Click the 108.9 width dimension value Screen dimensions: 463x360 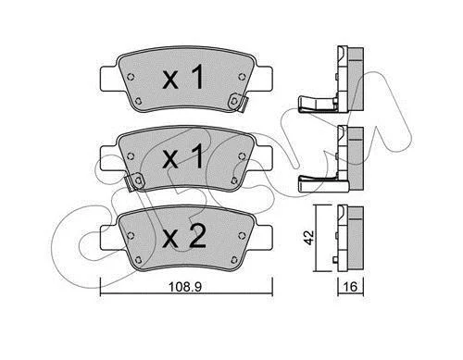click(x=185, y=287)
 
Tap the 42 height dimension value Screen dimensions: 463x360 click(x=309, y=237)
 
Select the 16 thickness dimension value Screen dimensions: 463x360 click(x=350, y=287)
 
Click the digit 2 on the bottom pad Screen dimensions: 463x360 click(x=198, y=236)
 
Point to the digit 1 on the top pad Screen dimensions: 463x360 click(x=195, y=77)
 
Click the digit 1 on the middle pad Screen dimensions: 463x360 click(x=195, y=156)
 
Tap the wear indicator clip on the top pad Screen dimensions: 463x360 click(x=238, y=103)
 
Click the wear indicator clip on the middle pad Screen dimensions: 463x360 click(x=134, y=181)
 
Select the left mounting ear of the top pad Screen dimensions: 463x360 click(x=109, y=80)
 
